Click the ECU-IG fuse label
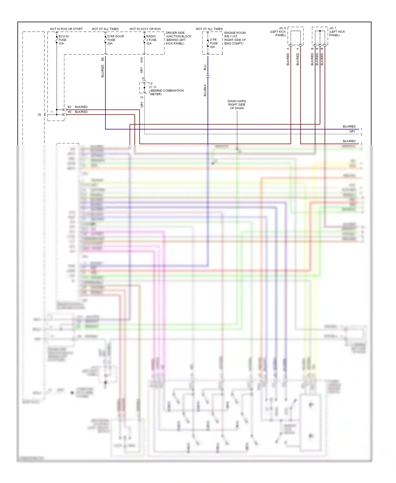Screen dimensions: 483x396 (63, 40)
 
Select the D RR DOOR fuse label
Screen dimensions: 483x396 (115, 40)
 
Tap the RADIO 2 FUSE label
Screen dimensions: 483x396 (151, 40)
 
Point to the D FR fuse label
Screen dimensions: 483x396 (214, 43)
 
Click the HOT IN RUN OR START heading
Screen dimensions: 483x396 (66, 29)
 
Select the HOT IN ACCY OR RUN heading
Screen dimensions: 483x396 (145, 29)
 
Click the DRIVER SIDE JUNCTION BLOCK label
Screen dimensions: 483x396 (178, 38)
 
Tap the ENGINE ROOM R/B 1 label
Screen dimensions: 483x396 (235, 38)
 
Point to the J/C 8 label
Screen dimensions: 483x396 (278, 31)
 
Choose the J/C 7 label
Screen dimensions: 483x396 (337, 31)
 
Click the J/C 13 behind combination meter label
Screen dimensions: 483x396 (166, 89)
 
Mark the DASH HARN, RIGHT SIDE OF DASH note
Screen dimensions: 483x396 (237, 105)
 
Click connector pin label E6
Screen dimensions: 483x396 (103, 59)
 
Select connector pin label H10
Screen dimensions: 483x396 (142, 60)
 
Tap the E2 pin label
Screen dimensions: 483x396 (69, 107)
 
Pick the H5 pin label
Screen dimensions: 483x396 (69, 112)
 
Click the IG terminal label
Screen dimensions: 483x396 (39, 115)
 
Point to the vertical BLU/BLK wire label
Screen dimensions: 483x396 (205, 90)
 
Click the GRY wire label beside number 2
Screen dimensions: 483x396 (352, 131)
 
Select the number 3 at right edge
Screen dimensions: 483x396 (361, 144)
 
